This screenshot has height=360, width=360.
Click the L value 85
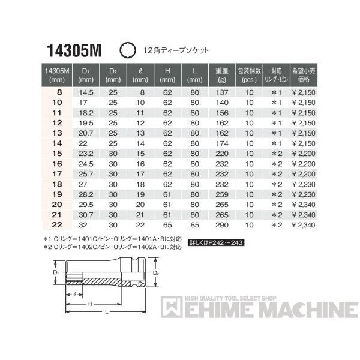click(x=194, y=224)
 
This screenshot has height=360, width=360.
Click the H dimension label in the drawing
click(x=91, y=304)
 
